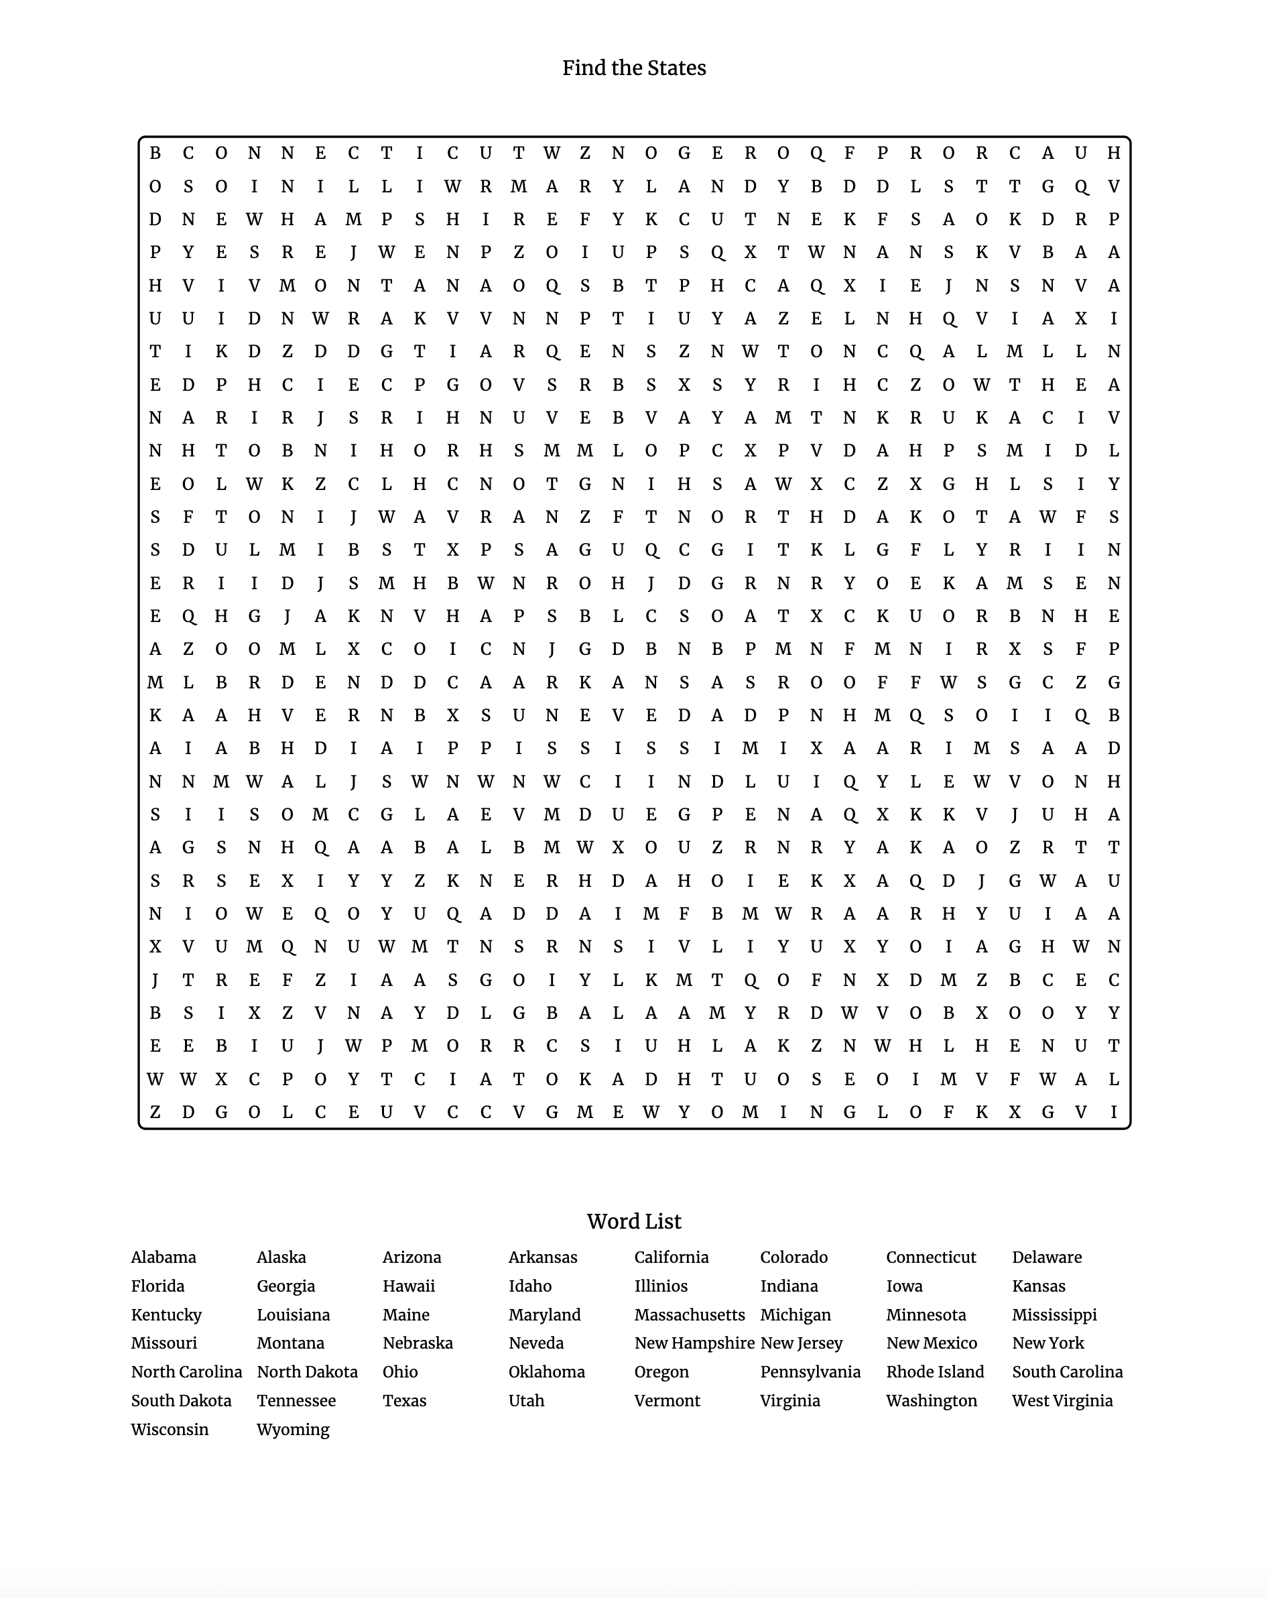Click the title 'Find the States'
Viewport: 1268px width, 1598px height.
[x=633, y=68]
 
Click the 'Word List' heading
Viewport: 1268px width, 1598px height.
[x=633, y=1221]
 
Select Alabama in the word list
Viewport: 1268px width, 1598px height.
[x=164, y=1257]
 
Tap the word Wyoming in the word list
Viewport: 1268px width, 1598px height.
[x=293, y=1430]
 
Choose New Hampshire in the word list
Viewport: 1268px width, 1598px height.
[x=694, y=1343]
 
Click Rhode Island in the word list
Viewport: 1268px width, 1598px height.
[x=934, y=1372]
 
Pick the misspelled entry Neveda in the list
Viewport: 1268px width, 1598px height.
[x=535, y=1343]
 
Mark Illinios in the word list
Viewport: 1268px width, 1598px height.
[x=661, y=1286]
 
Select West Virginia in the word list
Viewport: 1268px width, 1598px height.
[x=1062, y=1401]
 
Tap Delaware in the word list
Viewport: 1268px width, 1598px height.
[x=1046, y=1257]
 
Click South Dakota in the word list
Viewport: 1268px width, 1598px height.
[x=181, y=1401]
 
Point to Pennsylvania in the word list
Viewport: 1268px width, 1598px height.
[x=810, y=1372]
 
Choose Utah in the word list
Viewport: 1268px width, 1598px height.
[x=526, y=1401]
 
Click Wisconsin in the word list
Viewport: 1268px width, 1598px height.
[x=170, y=1430]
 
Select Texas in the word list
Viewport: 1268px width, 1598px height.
[x=404, y=1401]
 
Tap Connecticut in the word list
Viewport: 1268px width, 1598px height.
[x=931, y=1257]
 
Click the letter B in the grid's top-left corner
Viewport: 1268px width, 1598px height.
[x=155, y=153]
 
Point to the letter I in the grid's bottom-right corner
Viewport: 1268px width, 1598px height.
[x=1113, y=1112]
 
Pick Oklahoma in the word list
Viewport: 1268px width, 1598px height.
[x=546, y=1372]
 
